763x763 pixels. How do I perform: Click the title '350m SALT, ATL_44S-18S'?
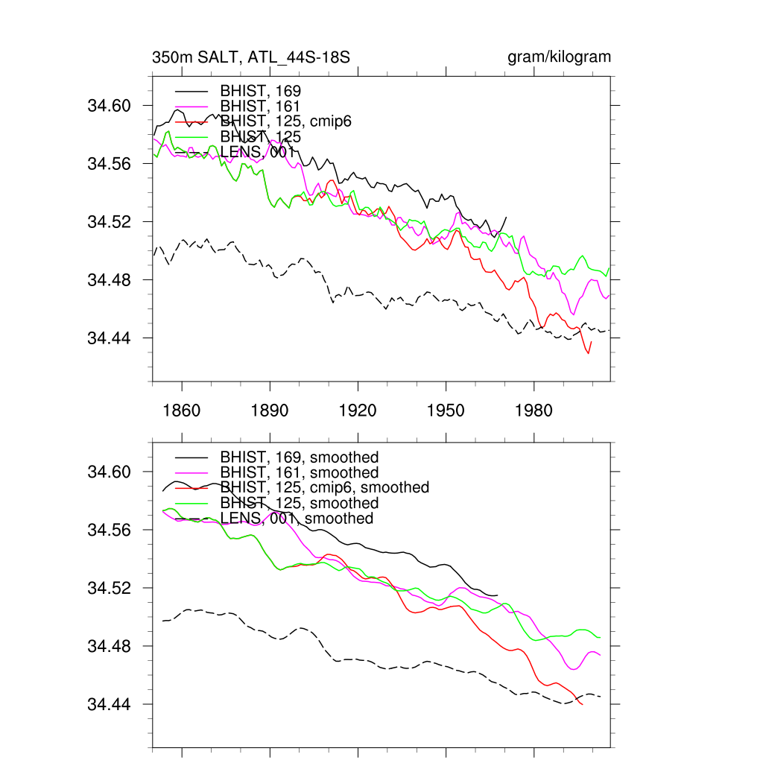coord(251,57)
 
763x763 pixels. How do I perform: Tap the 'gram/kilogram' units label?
coord(559,57)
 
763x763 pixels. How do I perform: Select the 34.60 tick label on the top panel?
coord(110,106)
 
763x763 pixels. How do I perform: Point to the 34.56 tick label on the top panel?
coord(110,164)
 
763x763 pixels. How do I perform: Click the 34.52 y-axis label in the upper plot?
coord(110,222)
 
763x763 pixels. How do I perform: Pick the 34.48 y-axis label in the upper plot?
coord(110,280)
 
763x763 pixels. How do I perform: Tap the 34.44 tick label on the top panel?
coord(110,338)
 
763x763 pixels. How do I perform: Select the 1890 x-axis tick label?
coord(269,411)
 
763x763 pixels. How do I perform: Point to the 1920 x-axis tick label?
coord(358,411)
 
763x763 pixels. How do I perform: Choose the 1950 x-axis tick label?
coord(446,411)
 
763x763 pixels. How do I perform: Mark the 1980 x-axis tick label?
coord(534,411)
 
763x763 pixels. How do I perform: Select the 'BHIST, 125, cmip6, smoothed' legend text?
coord(324,487)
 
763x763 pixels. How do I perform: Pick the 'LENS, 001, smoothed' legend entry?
coord(296,518)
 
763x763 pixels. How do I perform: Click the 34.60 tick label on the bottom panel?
coord(110,472)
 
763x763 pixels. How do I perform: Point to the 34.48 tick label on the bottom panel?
coord(110,646)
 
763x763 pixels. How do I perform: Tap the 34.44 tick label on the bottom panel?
coord(110,704)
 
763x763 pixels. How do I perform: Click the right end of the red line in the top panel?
coord(592,341)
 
